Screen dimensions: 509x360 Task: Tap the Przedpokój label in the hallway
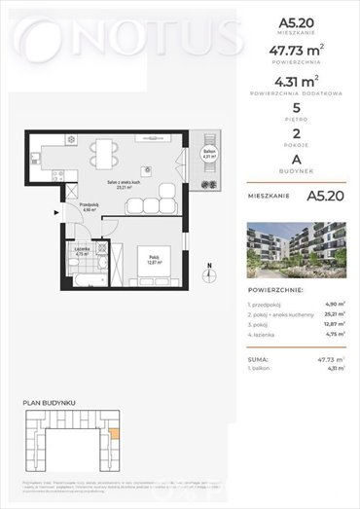pyautogui.click(x=85, y=206)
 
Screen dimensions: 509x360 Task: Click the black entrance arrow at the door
pyautogui.click(x=54, y=211)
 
